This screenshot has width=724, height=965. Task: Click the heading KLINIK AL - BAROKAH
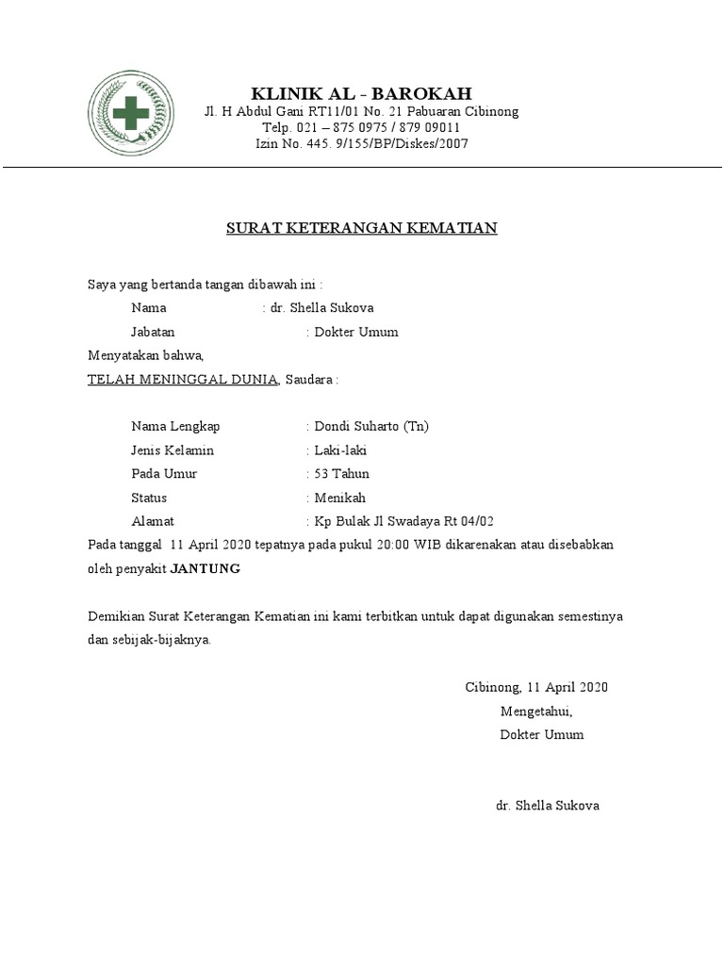point(361,93)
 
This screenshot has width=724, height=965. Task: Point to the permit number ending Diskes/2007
point(361,144)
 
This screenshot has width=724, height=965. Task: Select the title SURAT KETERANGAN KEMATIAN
point(361,228)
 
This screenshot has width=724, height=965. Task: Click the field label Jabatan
point(153,332)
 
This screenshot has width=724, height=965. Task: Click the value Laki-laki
point(341,450)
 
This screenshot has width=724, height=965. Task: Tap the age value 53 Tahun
point(342,474)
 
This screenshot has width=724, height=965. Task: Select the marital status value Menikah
point(340,498)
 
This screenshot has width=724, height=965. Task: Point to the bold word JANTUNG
point(211,568)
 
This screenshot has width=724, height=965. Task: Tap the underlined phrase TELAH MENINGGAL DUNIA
point(183,379)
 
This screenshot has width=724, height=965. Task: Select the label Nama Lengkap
point(175,426)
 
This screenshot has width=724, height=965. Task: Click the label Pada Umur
point(164,474)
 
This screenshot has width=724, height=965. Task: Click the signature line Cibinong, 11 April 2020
point(536,687)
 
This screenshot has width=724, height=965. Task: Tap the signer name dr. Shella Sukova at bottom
point(547,806)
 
